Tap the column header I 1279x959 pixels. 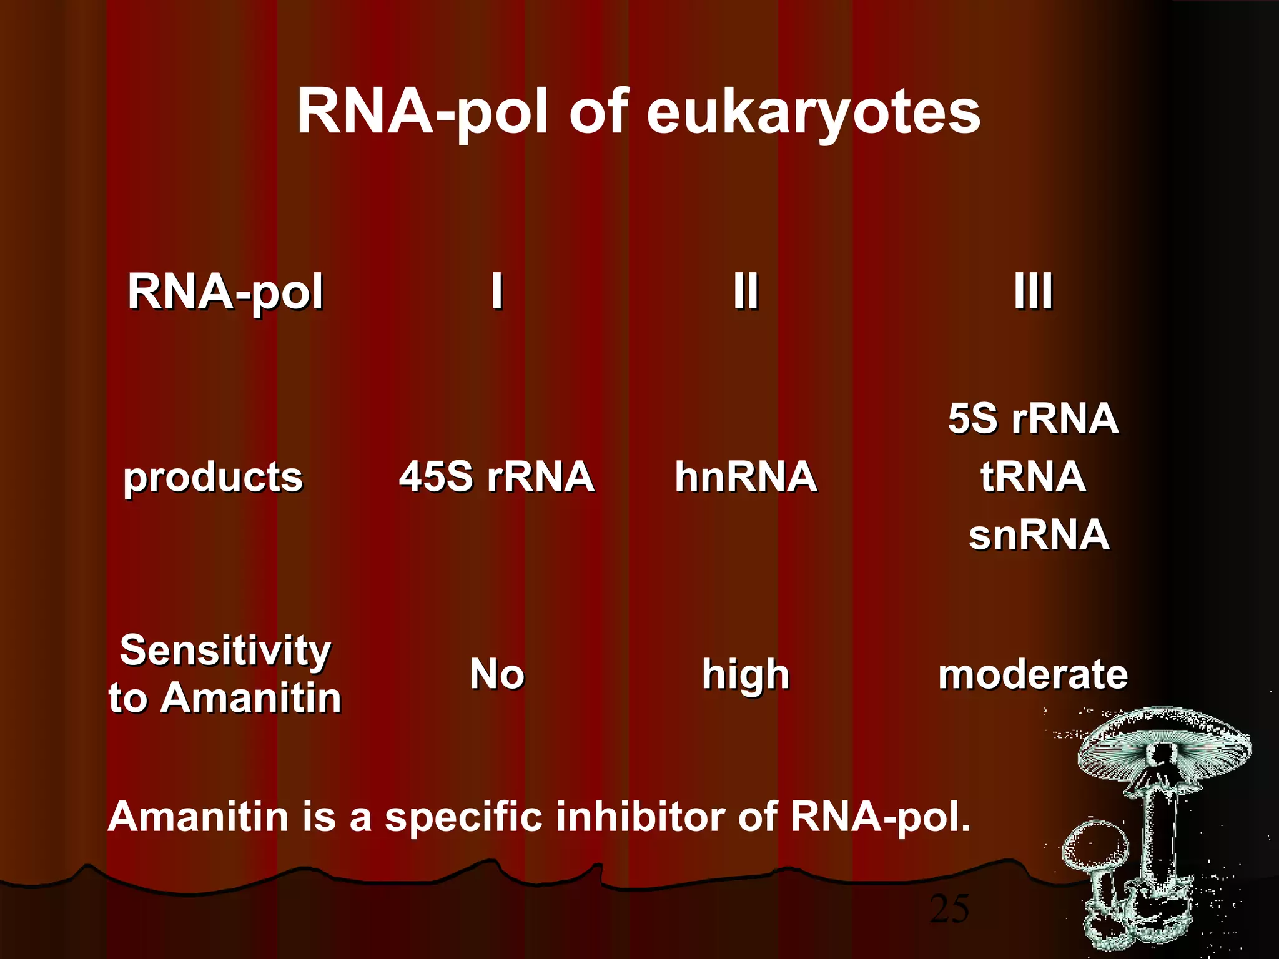(496, 291)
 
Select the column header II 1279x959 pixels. (746, 291)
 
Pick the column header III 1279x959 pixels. (1033, 291)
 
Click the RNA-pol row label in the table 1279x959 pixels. (225, 292)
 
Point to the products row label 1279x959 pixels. (213, 478)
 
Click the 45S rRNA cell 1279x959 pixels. (496, 477)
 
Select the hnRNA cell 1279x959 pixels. (746, 477)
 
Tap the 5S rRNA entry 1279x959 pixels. (1033, 418)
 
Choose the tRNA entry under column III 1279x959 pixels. (1033, 477)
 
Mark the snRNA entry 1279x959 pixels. (1039, 535)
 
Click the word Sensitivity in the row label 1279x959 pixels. (225, 651)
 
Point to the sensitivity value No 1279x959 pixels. (496, 674)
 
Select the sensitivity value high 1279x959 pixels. (746, 674)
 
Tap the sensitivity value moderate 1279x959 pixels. (1033, 674)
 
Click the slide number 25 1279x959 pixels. (949, 909)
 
